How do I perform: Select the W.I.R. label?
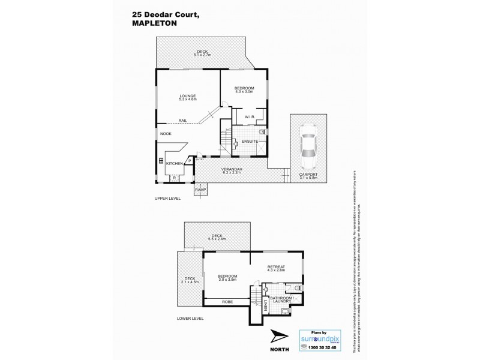pyautogui.click(x=250, y=116)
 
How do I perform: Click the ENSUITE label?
pyautogui.click(x=250, y=141)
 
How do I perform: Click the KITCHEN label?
pyautogui.click(x=174, y=163)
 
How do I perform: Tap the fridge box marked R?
pyautogui.click(x=174, y=178)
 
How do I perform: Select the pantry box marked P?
pyautogui.click(x=189, y=160)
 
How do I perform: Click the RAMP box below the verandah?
pyautogui.click(x=200, y=190)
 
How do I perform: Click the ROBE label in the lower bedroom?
pyautogui.click(x=226, y=302)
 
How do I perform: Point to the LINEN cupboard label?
pyautogui.click(x=266, y=306)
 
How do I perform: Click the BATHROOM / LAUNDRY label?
pyautogui.click(x=280, y=299)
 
